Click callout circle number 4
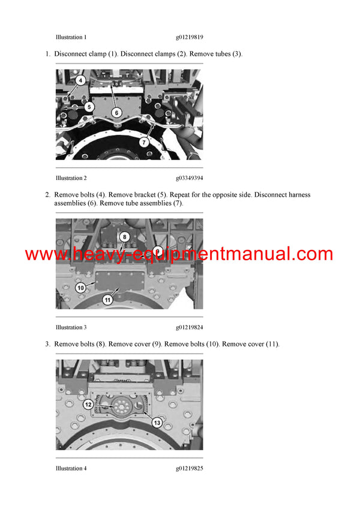[81, 80]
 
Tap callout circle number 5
[88, 107]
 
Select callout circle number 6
[116, 111]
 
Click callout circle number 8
[124, 237]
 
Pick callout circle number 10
[81, 288]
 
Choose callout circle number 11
[108, 299]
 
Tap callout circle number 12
[88, 405]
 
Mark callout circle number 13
[157, 423]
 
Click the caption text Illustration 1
[71, 37]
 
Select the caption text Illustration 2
[71, 178]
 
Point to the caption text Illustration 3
[71, 327]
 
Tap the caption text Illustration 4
[71, 468]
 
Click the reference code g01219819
[190, 37]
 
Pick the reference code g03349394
[190, 178]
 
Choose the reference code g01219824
[190, 327]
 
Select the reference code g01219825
[190, 468]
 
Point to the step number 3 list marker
[47, 344]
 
